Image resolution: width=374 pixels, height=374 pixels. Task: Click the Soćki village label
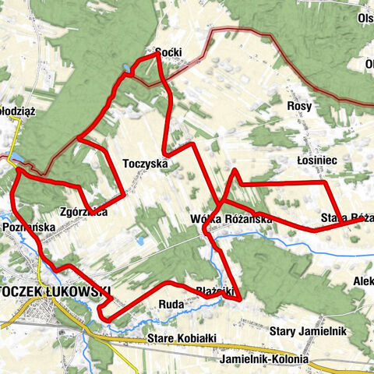click(x=168, y=52)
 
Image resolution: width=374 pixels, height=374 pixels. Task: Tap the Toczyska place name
click(x=146, y=164)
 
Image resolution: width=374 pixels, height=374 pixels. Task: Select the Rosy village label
click(x=299, y=106)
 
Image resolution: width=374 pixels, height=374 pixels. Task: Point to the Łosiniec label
click(x=316, y=159)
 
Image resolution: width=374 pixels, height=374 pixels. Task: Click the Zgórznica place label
click(x=83, y=211)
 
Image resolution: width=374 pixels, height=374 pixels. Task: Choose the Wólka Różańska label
click(x=231, y=219)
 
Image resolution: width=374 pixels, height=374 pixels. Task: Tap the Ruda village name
click(x=171, y=303)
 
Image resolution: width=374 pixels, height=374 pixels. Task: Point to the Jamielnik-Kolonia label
click(x=264, y=360)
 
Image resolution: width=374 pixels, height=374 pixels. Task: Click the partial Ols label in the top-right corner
click(x=365, y=18)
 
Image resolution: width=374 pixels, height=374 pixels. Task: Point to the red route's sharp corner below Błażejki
click(x=241, y=298)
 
